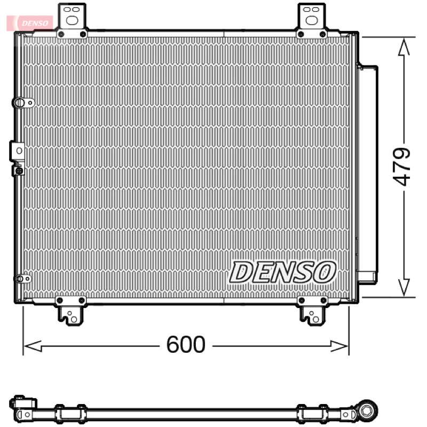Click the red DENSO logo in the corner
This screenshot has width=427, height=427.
click(x=30, y=23)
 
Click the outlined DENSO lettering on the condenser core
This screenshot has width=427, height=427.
click(x=283, y=272)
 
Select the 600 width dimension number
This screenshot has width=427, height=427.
click(x=186, y=344)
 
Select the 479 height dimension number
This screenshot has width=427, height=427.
click(x=401, y=167)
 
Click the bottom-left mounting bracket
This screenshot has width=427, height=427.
click(x=70, y=311)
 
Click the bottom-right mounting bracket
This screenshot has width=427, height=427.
click(x=312, y=311)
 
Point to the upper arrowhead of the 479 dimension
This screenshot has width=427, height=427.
click(x=404, y=47)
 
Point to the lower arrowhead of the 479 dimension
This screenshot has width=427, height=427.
click(x=404, y=287)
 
